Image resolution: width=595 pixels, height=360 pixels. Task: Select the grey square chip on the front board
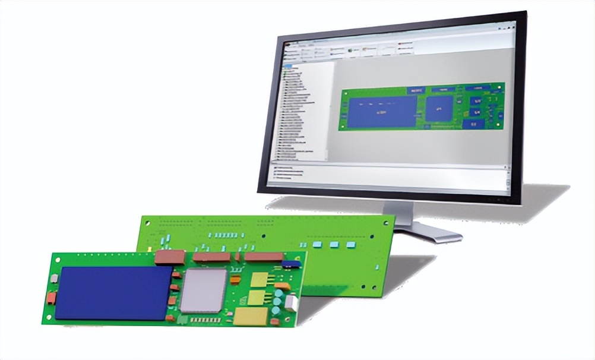tap(204, 290)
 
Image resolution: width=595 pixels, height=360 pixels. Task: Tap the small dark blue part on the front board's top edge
tap(291, 263)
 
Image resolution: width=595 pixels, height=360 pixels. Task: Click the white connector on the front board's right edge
tap(290, 303)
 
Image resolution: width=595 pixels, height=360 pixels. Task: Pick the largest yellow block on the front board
tap(250, 316)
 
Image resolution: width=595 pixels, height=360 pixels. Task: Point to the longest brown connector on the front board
tap(264, 257)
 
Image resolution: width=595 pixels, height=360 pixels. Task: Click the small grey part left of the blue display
tap(54, 278)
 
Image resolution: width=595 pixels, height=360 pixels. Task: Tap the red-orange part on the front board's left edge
tap(52, 296)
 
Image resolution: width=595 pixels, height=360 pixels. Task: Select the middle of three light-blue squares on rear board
tap(334, 245)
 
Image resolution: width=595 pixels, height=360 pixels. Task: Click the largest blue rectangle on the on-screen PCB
tap(382, 111)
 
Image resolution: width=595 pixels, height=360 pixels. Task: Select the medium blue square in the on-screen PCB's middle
tap(439, 109)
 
